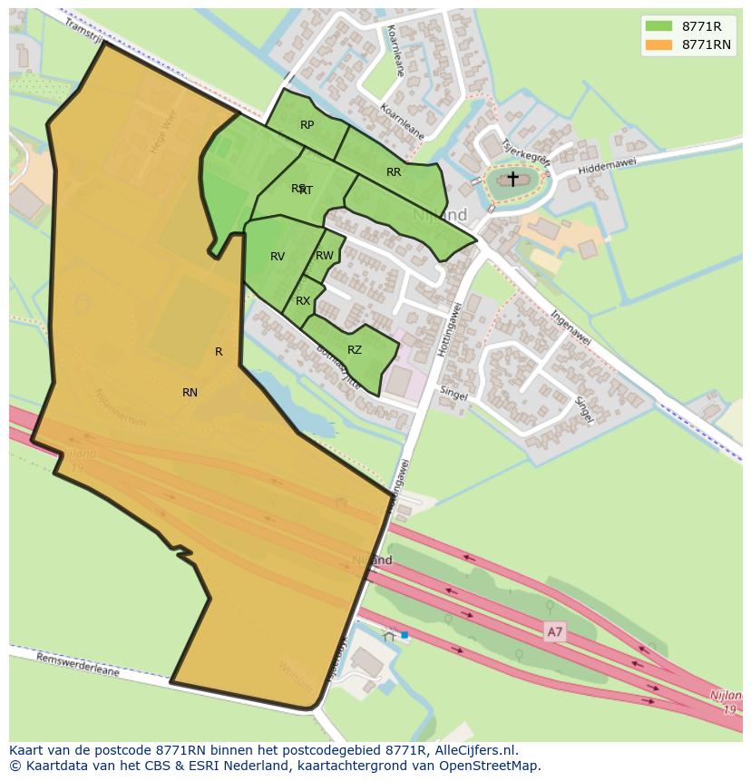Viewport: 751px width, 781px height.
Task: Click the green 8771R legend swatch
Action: click(658, 26)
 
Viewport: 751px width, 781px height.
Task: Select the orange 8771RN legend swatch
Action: click(658, 44)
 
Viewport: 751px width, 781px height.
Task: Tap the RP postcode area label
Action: click(307, 125)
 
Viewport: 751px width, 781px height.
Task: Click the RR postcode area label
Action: click(394, 172)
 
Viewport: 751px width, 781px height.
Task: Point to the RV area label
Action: click(278, 257)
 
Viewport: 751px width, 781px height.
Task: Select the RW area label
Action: click(324, 256)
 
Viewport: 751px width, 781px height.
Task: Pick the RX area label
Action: click(303, 301)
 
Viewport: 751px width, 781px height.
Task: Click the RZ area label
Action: click(355, 350)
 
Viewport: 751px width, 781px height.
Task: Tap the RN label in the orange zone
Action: click(190, 393)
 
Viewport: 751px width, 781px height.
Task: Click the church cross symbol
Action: click(512, 179)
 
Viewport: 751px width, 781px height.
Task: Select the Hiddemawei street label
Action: click(607, 164)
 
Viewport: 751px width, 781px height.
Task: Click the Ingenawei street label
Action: click(571, 327)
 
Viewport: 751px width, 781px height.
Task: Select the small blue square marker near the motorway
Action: click(405, 635)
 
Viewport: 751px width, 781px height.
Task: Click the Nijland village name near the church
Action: click(440, 215)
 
